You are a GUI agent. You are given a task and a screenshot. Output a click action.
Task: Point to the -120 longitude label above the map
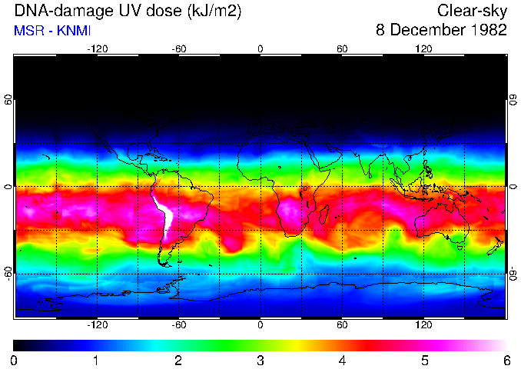click(x=97, y=48)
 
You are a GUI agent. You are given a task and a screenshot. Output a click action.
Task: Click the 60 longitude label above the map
click(x=342, y=48)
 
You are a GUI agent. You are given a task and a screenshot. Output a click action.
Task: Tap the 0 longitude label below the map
click(x=260, y=324)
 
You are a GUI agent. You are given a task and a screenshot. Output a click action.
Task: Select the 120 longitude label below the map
click(x=423, y=324)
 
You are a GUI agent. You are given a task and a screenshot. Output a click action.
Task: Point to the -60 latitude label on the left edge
click(x=8, y=274)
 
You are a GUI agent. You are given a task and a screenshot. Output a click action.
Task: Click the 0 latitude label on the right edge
click(x=513, y=187)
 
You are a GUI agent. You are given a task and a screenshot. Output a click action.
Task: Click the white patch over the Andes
click(x=163, y=211)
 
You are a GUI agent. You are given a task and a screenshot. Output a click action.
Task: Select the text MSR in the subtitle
click(x=28, y=31)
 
